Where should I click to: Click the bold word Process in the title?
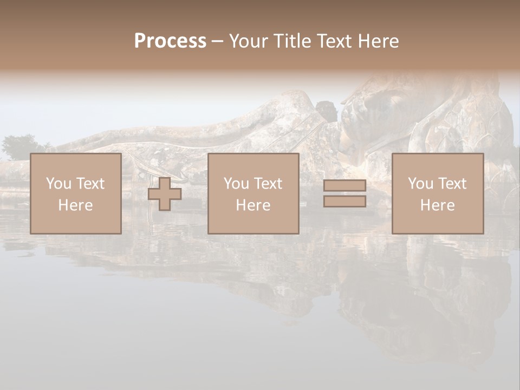click(170, 41)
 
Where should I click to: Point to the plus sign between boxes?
click(165, 194)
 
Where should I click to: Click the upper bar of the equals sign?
click(344, 186)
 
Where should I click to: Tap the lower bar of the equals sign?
click(344, 201)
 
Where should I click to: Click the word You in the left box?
click(58, 184)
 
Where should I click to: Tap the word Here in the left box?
click(75, 205)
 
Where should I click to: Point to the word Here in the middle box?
click(253, 205)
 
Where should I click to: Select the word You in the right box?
click(420, 184)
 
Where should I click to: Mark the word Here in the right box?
click(437, 205)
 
